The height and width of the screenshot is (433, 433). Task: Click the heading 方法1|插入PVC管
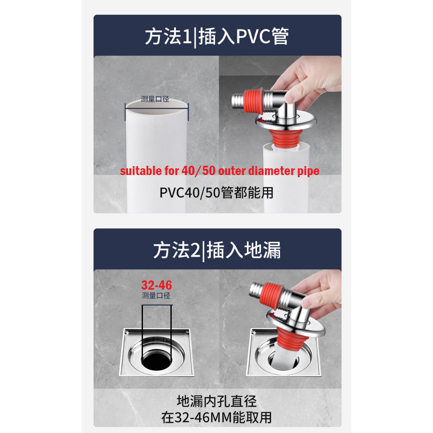click(x=217, y=37)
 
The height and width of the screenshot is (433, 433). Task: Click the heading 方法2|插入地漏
click(x=217, y=250)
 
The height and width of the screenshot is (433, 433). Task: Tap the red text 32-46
click(x=156, y=285)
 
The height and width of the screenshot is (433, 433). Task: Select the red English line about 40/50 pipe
click(x=219, y=171)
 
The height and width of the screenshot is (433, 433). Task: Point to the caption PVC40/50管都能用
click(x=216, y=192)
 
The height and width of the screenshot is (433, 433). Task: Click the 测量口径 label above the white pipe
click(x=155, y=99)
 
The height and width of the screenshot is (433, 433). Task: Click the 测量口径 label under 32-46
click(x=156, y=296)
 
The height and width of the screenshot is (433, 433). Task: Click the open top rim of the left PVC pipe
click(x=156, y=107)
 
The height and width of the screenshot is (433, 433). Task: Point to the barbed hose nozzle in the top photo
click(x=238, y=100)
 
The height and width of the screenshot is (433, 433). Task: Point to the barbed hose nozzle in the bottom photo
click(x=256, y=289)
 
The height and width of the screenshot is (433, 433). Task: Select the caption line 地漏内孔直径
click(x=217, y=401)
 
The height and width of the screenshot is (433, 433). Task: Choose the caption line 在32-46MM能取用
click(x=217, y=417)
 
